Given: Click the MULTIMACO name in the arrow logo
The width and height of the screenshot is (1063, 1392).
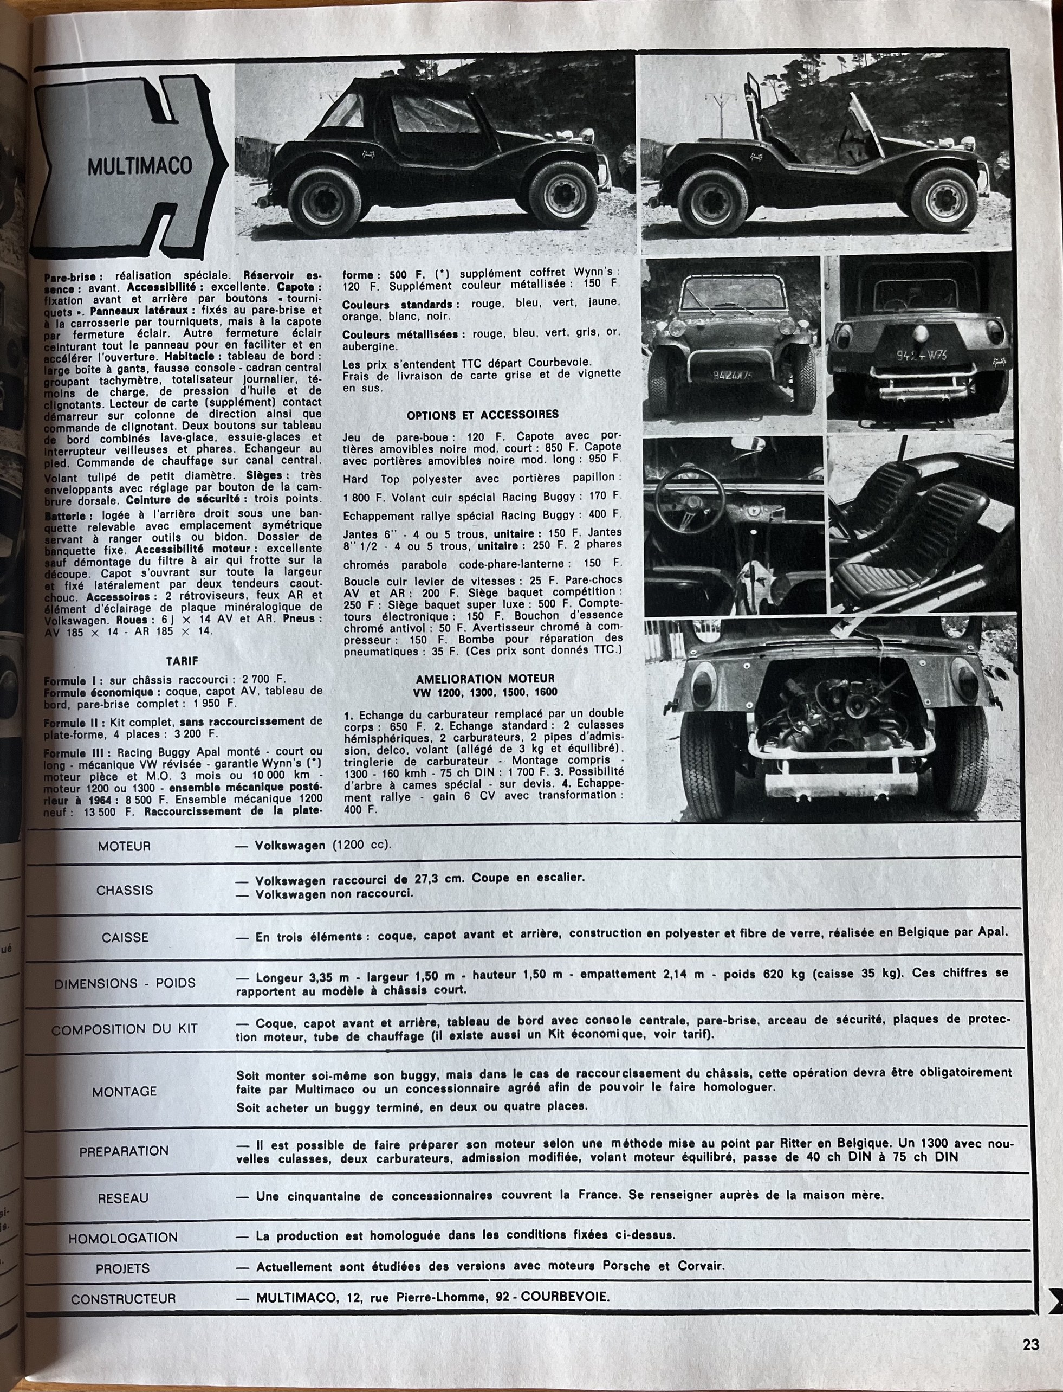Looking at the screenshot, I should pos(139,166).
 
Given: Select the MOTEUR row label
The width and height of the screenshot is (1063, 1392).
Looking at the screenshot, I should pos(124,846).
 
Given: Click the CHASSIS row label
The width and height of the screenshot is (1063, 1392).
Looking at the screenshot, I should pos(125,890).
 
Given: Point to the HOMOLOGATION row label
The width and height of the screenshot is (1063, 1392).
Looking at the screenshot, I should pos(123,1237).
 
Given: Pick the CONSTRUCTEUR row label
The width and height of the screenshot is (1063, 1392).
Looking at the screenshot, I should pos(123,1299).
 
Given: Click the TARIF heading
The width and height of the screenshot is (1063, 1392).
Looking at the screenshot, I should pos(182,661).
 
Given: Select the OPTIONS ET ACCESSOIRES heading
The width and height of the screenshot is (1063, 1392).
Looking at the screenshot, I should pos(482,415).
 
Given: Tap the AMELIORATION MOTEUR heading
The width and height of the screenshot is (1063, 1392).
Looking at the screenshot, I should pos(485,679).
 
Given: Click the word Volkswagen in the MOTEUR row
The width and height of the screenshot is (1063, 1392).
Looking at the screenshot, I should pos(290,846).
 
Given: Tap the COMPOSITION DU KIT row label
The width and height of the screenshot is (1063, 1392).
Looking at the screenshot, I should pos(124,1030).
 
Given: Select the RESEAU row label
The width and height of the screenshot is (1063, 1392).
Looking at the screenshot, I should pos(123,1198).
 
